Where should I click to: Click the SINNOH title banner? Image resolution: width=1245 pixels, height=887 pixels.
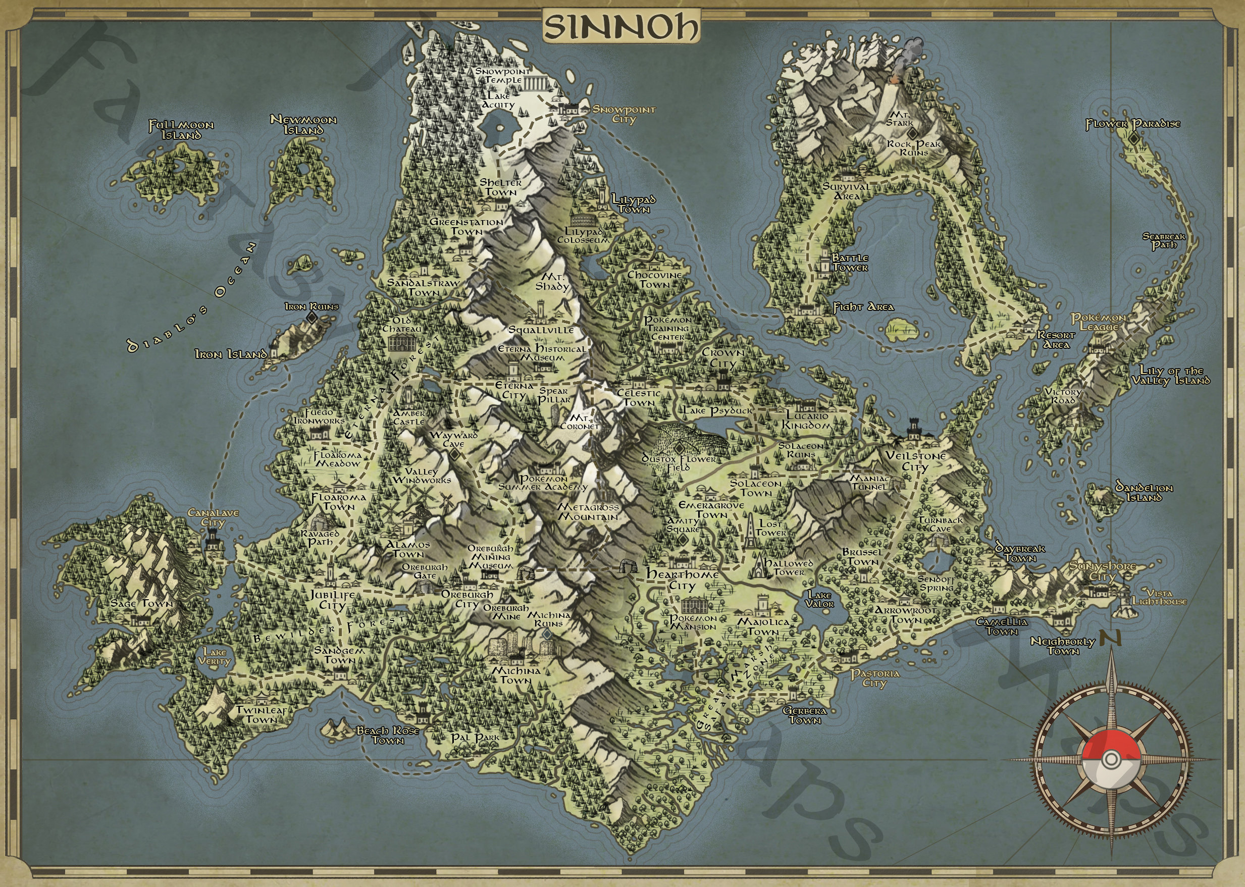pos(621,27)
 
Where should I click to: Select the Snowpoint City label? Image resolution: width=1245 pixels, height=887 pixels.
pos(624,114)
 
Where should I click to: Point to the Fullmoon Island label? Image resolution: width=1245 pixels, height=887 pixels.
pos(181,130)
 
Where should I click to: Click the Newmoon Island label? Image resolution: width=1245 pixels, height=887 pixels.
pos(303,125)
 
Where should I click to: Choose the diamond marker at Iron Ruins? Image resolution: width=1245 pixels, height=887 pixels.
pos(313,318)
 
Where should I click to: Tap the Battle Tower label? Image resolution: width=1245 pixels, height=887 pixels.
pos(850,263)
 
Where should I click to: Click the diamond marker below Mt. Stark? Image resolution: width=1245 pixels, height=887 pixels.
pos(910,133)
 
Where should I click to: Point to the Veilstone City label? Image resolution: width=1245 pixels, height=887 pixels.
pos(915,461)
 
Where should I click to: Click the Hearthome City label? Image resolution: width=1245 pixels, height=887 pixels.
pos(682,580)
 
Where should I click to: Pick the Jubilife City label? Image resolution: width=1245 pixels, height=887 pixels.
pos(333,600)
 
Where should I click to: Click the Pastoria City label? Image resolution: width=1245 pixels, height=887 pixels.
pos(874,679)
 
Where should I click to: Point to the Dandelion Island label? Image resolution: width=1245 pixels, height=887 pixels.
pos(1144,492)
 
